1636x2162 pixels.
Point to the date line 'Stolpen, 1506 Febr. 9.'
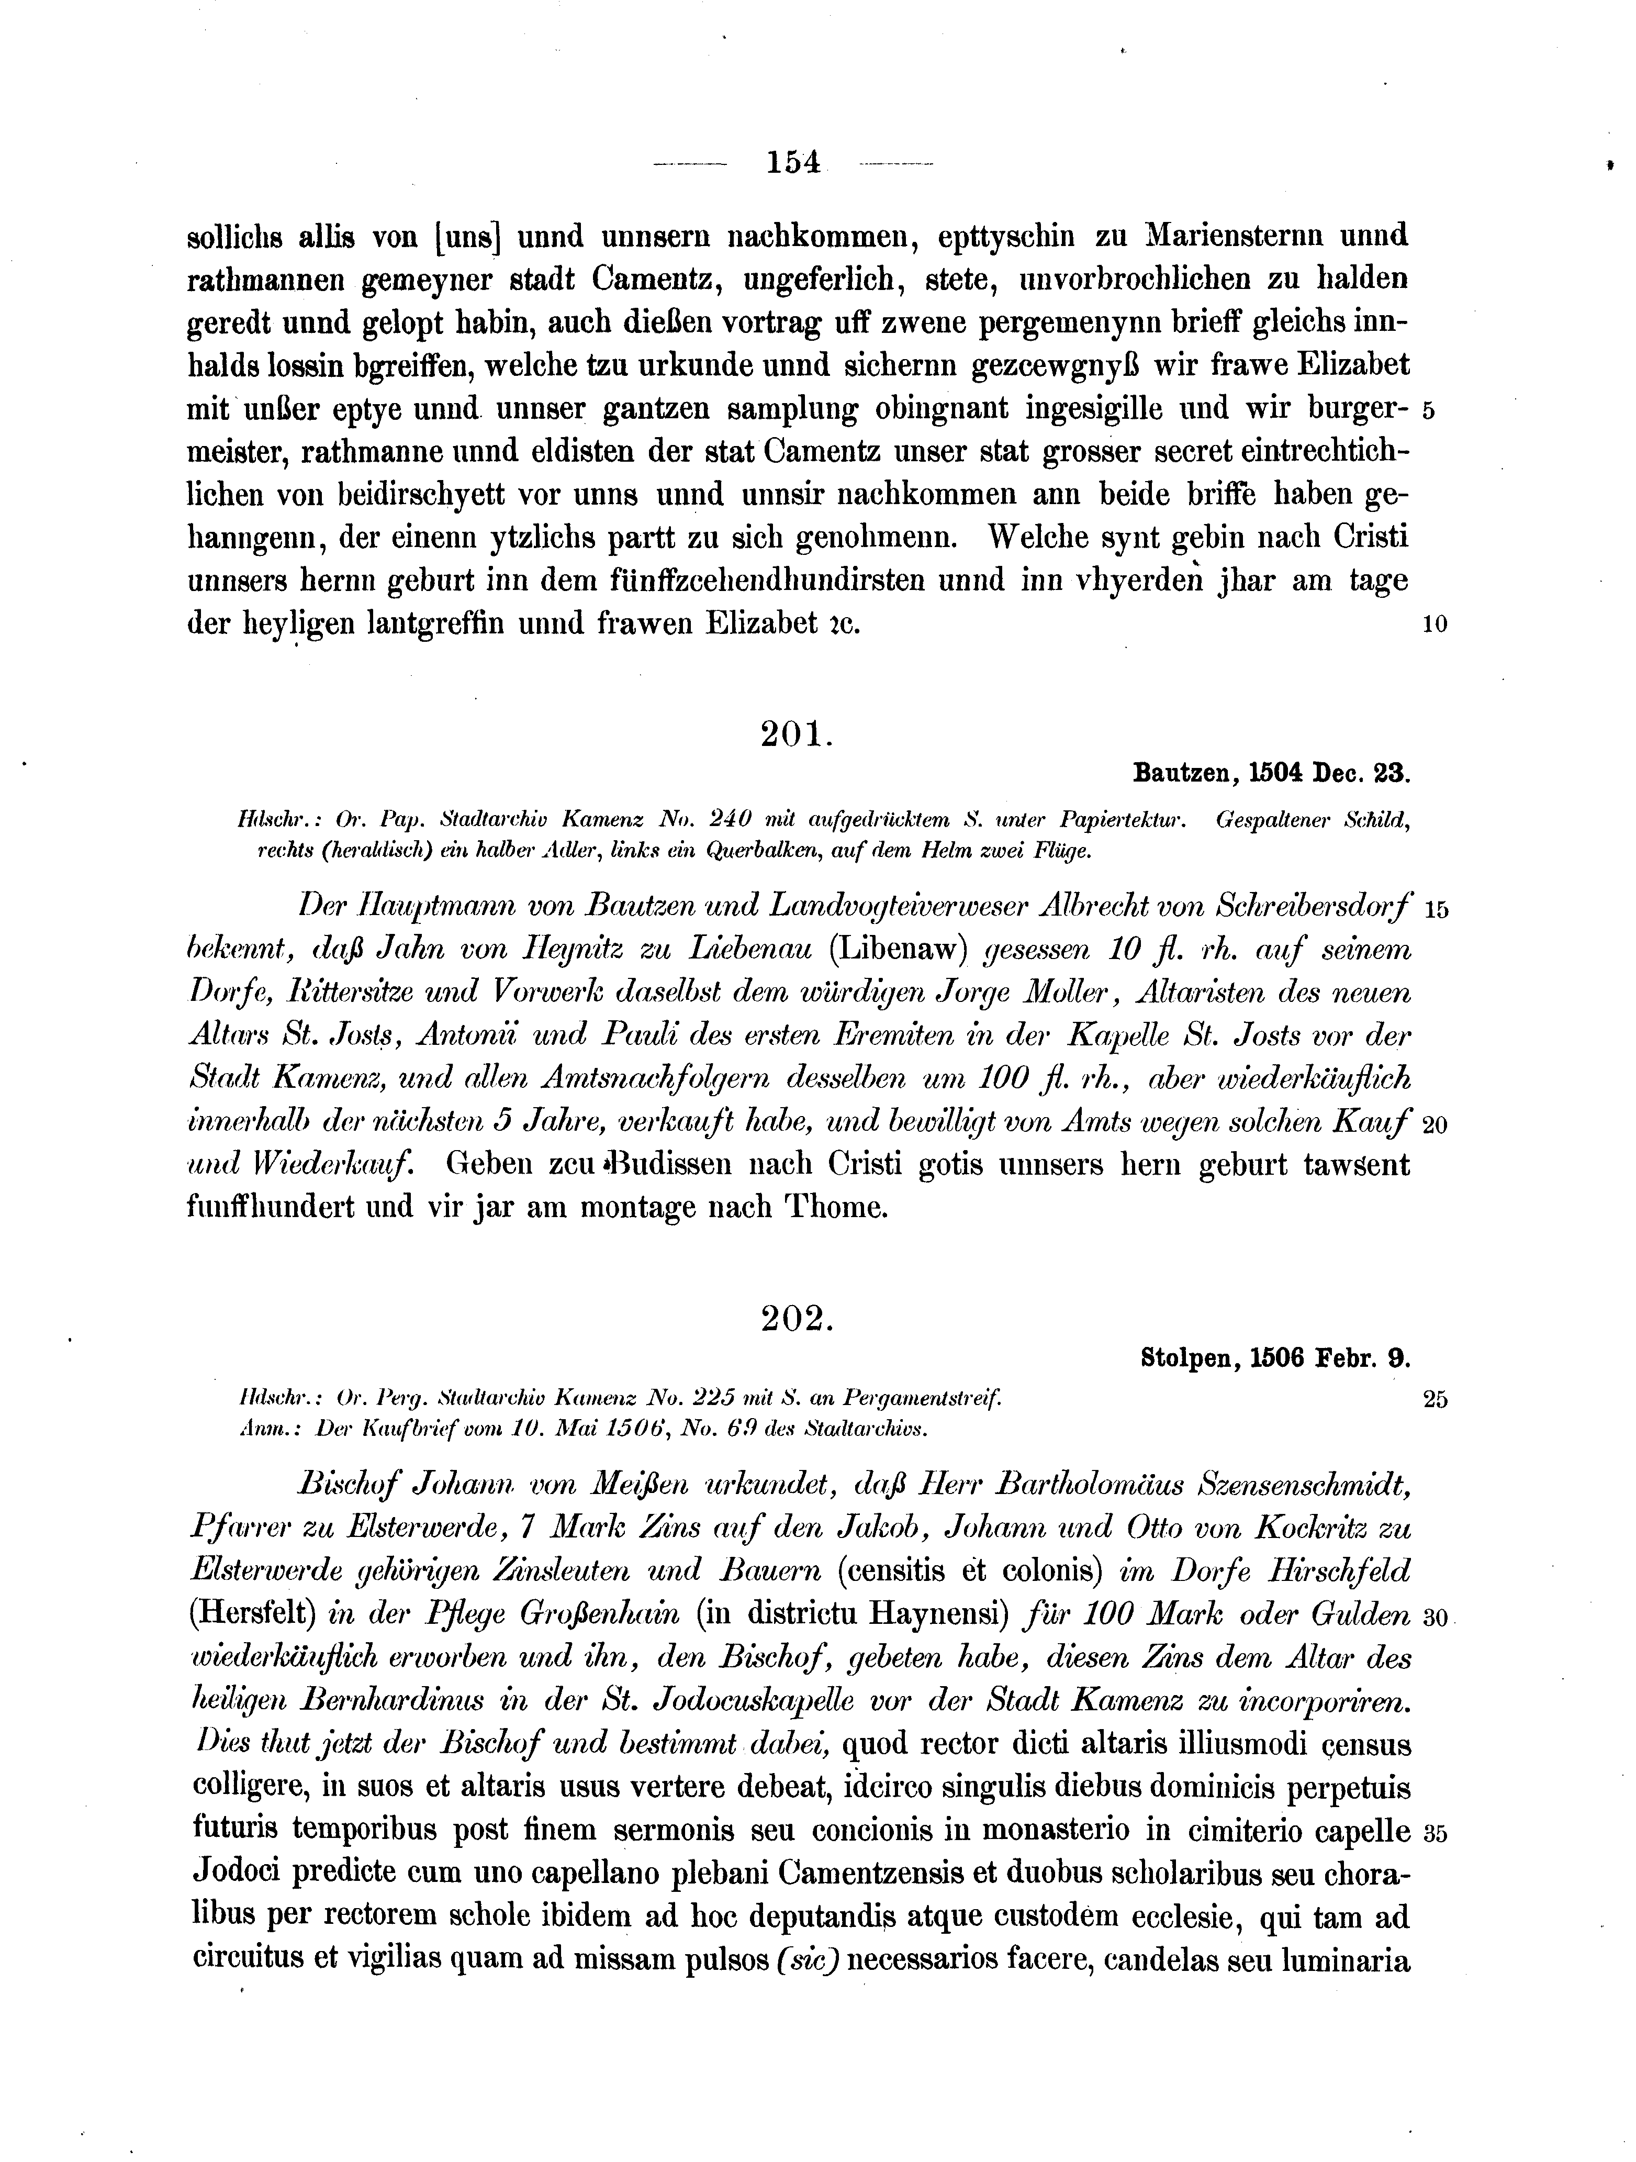(x=1274, y=1357)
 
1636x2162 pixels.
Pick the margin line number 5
(x=1428, y=410)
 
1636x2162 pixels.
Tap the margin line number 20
(x=1433, y=1124)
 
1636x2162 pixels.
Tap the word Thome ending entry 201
(x=836, y=1208)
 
